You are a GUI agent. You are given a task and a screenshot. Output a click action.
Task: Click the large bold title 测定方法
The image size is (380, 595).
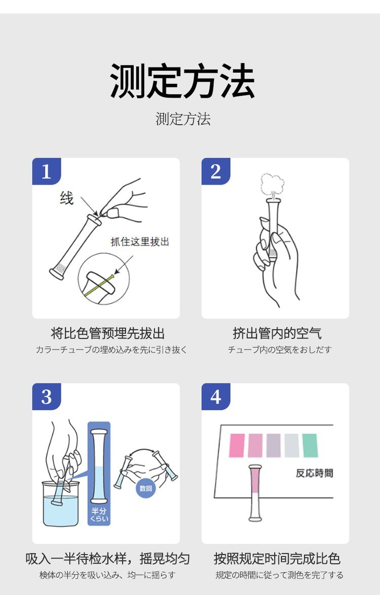coord(183,81)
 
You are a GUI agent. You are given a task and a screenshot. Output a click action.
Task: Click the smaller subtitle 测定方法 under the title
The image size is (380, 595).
coord(183,119)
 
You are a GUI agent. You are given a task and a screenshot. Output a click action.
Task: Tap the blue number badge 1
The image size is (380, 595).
coord(46,171)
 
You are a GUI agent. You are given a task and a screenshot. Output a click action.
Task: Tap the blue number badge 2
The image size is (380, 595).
coord(215,171)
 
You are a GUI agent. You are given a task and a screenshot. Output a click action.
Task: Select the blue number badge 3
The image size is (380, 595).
coord(46,397)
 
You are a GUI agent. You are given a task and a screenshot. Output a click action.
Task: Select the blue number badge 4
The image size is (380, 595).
coord(215,397)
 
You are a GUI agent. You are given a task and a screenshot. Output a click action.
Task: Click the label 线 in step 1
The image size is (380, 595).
coord(67,198)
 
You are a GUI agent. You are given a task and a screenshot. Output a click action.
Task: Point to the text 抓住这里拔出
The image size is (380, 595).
coord(140,241)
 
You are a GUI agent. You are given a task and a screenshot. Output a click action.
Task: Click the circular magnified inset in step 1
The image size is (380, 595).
coord(104,279)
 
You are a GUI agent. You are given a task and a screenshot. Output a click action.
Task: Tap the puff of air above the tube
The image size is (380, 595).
coord(273,183)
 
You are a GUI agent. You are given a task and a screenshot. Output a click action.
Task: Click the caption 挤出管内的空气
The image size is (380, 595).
coord(277,333)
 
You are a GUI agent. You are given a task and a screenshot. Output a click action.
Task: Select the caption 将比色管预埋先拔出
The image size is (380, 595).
coord(108,333)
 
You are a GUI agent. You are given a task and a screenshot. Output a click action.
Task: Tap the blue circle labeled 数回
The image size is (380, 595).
coord(145,488)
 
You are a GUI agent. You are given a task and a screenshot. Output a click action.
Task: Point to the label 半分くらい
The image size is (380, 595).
coord(99,514)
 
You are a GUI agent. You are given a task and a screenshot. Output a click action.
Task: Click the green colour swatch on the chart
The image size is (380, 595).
coord(310,445)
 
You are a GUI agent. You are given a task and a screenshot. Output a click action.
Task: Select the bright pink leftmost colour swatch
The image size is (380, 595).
coord(237,445)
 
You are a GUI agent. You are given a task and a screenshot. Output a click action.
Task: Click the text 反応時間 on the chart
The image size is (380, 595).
coord(314,473)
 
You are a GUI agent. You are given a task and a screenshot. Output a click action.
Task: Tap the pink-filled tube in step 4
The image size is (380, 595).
coord(254,492)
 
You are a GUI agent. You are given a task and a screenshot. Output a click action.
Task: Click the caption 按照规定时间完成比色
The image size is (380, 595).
coord(277,558)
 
